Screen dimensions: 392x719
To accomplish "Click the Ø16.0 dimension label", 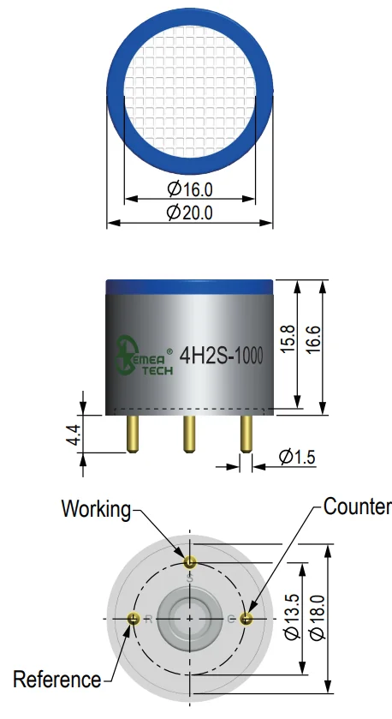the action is (190, 189).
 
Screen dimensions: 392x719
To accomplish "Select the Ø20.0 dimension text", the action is (190, 213).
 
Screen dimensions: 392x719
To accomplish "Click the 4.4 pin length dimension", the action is (74, 434).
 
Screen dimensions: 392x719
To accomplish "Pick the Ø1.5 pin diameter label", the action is (297, 457).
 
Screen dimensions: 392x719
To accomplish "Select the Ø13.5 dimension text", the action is (292, 617).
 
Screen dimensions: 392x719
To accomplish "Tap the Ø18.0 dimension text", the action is (318, 617).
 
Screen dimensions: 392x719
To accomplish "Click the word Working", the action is (96, 509).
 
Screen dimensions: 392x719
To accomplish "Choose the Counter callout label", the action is (357, 506).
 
